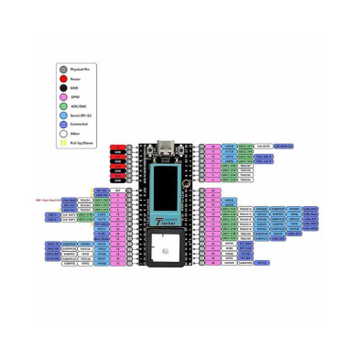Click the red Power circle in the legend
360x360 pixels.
point(62,80)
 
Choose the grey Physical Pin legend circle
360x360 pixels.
point(62,68)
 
